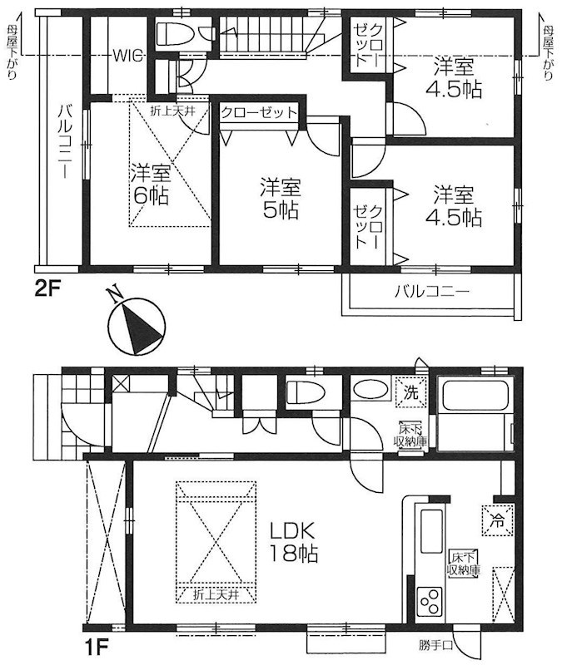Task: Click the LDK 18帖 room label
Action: click(x=291, y=541)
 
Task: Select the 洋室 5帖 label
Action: click(x=278, y=198)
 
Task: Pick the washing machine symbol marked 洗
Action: click(x=411, y=390)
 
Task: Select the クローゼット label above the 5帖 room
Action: click(x=257, y=113)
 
